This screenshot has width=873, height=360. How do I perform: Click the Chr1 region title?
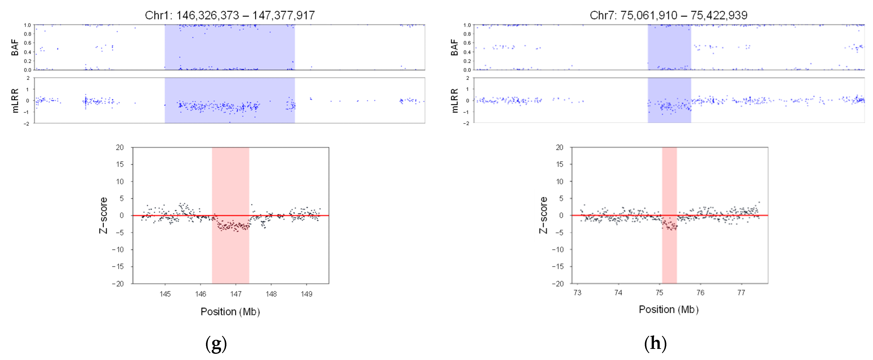coord(230,15)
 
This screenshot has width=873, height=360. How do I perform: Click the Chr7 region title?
coord(668,15)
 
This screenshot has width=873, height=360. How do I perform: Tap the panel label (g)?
coord(216,344)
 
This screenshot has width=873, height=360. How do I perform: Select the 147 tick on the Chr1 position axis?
coord(236,294)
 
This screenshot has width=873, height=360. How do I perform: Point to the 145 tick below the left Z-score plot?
coord(165,294)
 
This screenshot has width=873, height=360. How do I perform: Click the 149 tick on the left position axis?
coord(306,294)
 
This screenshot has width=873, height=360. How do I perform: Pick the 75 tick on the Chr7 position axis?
coord(659,292)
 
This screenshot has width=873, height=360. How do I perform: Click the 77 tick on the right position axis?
coord(741,292)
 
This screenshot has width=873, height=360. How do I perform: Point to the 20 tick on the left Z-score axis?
coord(120,147)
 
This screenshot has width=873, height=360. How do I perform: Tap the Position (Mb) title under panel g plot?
coord(230,312)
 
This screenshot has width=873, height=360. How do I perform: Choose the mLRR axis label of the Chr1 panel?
coord(15,101)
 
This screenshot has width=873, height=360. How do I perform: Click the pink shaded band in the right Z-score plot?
coord(669,251)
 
